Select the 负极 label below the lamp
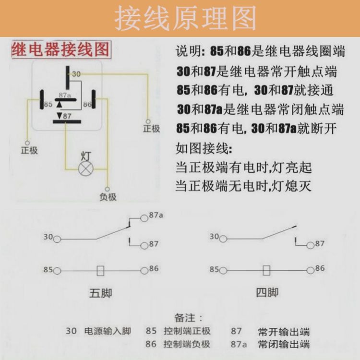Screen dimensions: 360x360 click(108, 197)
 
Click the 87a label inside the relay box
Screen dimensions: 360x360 click(65, 95)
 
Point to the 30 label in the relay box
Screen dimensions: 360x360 click(76, 74)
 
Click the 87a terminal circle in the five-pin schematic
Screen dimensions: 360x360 click(144, 218)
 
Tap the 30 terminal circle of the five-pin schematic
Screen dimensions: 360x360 click(57, 239)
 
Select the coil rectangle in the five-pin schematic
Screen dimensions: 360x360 click(100, 271)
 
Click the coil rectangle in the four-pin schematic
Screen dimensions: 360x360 click(266, 271)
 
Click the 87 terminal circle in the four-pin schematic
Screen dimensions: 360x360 click(310, 244)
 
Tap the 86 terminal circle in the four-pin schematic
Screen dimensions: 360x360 click(310, 270)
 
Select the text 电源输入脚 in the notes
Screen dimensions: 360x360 click(108, 331)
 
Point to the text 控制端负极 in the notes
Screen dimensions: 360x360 click(187, 344)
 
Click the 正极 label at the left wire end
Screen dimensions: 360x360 click(29, 150)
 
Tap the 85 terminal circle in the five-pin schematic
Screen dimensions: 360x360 click(57, 271)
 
